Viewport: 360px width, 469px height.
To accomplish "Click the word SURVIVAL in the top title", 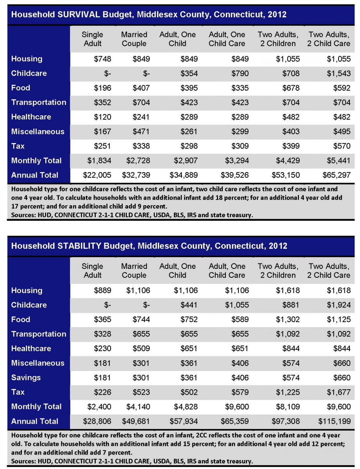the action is [x=79, y=14].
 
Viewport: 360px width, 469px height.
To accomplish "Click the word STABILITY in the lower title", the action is [x=79, y=246].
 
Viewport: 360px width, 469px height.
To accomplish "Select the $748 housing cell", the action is [x=102, y=59].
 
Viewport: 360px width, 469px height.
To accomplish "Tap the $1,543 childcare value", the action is [x=339, y=73].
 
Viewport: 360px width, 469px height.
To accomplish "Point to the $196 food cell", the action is [x=102, y=88].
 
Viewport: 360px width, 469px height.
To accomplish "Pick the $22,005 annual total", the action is [x=97, y=175].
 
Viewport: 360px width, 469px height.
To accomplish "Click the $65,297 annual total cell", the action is [x=337, y=175].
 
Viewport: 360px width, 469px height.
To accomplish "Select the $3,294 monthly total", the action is [x=237, y=161].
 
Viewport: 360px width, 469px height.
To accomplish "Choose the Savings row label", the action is [x=26, y=378].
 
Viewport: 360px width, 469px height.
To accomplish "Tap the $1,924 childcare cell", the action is [x=339, y=305].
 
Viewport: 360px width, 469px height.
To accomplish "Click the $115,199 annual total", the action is [x=335, y=421].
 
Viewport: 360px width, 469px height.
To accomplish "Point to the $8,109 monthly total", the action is [x=288, y=406].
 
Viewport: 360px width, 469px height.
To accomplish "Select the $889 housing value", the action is [x=102, y=290].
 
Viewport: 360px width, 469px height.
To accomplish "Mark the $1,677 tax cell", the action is [x=339, y=392].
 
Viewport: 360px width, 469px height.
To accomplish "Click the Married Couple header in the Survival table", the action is [x=134, y=39].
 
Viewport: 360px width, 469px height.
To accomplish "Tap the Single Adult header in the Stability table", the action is [x=92, y=270].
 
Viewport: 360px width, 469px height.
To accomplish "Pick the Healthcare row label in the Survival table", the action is [x=31, y=117].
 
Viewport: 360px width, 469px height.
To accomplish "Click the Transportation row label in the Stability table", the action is [x=39, y=334].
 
